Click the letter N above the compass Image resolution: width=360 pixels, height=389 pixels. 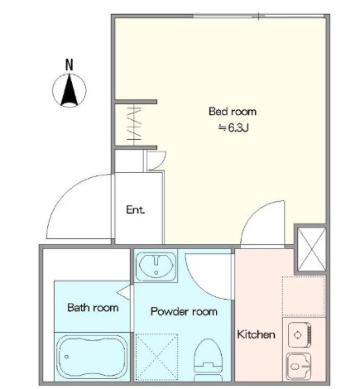click(x=70, y=65)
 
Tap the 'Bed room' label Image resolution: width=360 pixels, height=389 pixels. click(x=233, y=112)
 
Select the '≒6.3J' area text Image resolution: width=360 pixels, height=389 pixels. click(x=233, y=127)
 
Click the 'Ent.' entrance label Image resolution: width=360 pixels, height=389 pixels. click(x=136, y=209)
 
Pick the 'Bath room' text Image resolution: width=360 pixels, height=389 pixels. click(x=93, y=307)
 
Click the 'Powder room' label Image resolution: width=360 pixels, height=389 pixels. click(x=184, y=311)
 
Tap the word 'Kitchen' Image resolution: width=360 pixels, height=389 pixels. click(x=257, y=334)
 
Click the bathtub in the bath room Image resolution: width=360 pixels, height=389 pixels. click(x=92, y=357)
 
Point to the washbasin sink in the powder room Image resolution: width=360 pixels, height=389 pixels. click(x=156, y=266)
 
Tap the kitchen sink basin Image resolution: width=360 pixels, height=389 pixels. click(x=299, y=367)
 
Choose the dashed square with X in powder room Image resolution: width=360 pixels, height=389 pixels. click(x=156, y=358)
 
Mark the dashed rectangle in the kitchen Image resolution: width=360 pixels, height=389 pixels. click(x=304, y=296)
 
